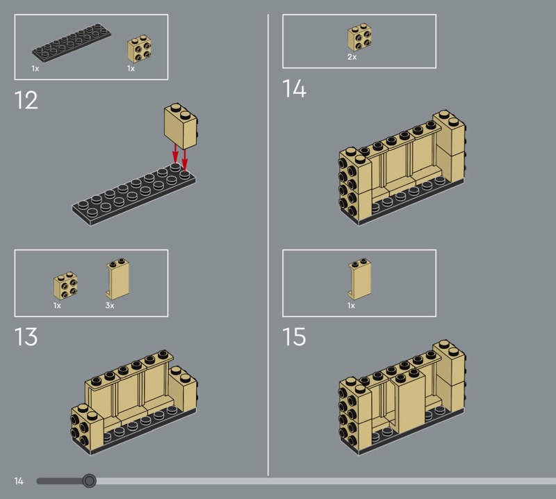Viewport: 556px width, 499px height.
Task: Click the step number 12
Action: (26, 100)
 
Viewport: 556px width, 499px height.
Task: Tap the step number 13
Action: (26, 336)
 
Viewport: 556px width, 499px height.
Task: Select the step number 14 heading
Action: (294, 88)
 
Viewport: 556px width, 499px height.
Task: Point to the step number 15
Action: (294, 336)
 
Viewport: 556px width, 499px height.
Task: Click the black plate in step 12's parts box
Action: (72, 42)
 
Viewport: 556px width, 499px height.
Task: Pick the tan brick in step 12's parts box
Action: (140, 49)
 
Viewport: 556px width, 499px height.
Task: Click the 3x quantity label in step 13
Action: (110, 305)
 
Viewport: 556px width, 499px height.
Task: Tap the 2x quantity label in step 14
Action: (352, 57)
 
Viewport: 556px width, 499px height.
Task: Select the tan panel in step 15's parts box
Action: (359, 279)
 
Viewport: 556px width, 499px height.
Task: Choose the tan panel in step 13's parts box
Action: (117, 279)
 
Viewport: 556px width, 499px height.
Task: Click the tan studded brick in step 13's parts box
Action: (66, 286)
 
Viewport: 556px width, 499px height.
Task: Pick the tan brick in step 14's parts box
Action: (359, 38)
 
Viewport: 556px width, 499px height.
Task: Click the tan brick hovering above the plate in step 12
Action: (181, 126)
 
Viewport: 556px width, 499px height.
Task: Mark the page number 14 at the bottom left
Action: (19, 481)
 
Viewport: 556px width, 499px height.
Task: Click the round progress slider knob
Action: (89, 481)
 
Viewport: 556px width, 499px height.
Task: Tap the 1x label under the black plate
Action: (35, 68)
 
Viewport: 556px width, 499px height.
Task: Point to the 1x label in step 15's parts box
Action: (351, 305)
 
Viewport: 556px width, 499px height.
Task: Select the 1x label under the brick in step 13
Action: (57, 305)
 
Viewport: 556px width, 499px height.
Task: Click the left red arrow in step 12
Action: (175, 153)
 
